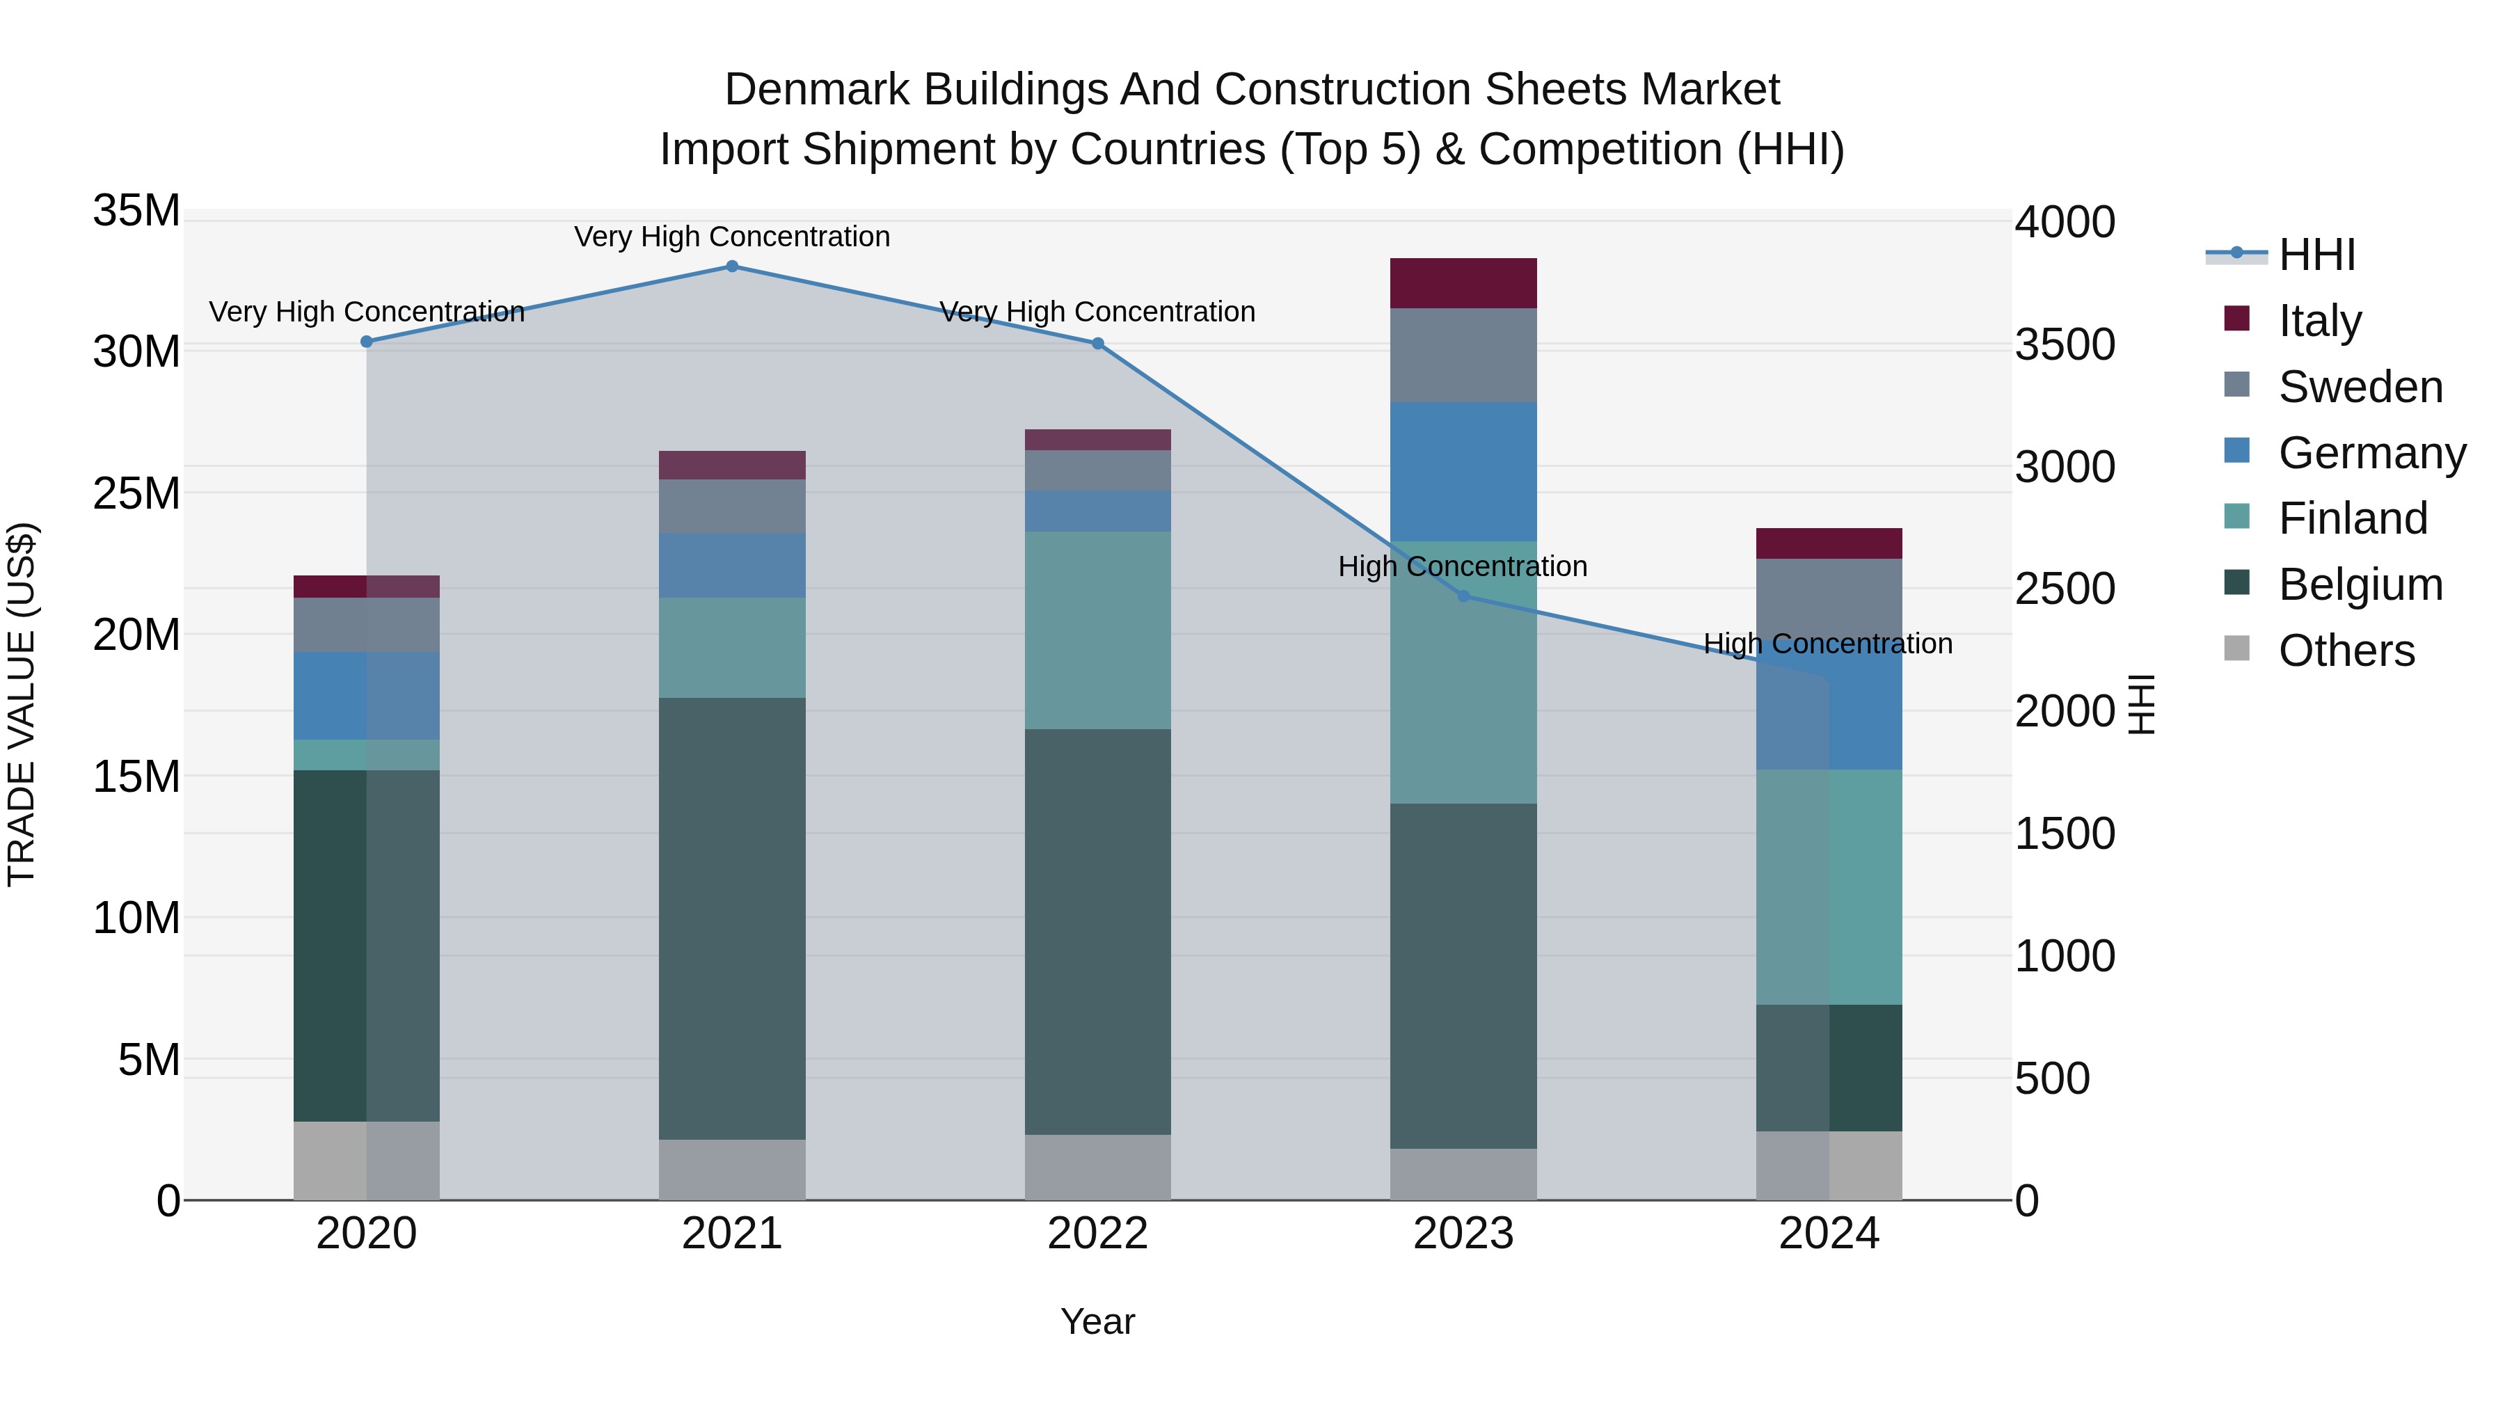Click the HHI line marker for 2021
click(x=732, y=266)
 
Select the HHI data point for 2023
click(x=1463, y=596)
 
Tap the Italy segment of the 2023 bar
click(x=1463, y=283)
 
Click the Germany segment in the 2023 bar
click(x=1463, y=472)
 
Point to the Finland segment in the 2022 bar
click(x=1098, y=630)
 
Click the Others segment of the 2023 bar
click(x=1463, y=1174)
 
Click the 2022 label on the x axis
click(x=1098, y=1234)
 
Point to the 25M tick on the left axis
click(x=136, y=493)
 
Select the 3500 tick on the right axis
click(x=2065, y=344)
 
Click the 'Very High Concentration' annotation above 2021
click(x=732, y=237)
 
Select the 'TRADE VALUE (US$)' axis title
click(x=22, y=704)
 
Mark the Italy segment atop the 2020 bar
click(x=367, y=587)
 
